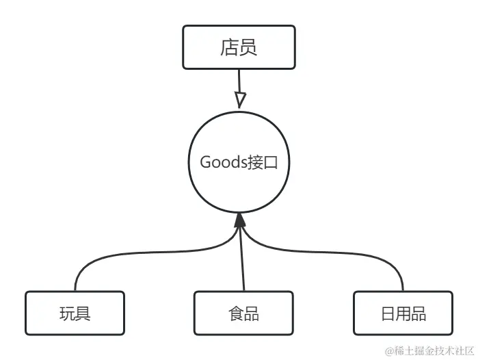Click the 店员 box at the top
coord(239,47)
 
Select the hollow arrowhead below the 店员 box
coord(239,99)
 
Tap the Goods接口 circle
coord(239,162)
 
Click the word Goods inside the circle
coord(222,162)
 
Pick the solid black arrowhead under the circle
coord(239,220)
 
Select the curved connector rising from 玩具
coord(103,257)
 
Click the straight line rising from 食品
coord(241,260)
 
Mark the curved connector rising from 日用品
coord(376,257)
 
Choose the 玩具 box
coord(75,313)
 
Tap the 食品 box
coord(243,313)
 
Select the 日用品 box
coord(403,313)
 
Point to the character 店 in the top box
coord(229,47)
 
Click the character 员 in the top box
coord(248,47)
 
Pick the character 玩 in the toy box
coord(67,313)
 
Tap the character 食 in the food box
coord(235,313)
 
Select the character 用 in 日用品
coord(403,313)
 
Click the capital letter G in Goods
coord(205,162)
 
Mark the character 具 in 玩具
coord(83,313)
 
